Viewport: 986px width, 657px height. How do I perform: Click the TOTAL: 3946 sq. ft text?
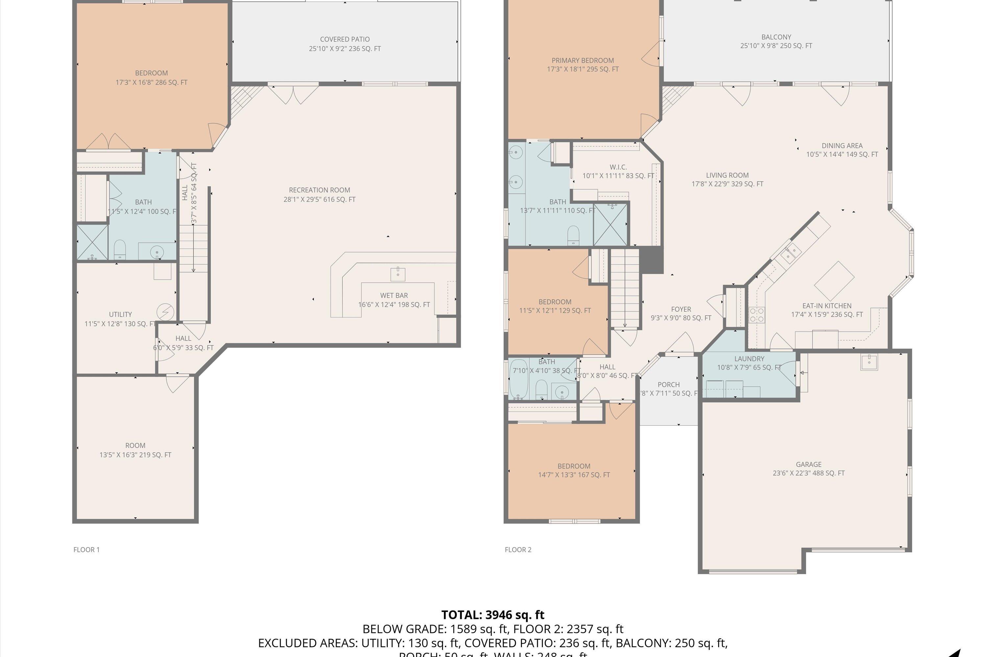click(x=493, y=615)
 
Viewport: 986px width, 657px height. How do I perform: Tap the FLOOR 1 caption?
click(x=86, y=550)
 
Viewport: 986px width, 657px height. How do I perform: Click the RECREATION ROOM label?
click(x=319, y=190)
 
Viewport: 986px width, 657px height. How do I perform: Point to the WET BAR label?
click(x=394, y=295)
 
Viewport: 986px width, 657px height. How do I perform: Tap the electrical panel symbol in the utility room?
click(x=165, y=312)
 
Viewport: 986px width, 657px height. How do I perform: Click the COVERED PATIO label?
click(x=344, y=39)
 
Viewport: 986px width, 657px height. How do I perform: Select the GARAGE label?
click(x=808, y=464)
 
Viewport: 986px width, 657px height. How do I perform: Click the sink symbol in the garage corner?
click(x=869, y=362)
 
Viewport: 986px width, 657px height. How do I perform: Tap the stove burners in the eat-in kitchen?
click(x=757, y=315)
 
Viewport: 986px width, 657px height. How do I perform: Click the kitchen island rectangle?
click(x=834, y=281)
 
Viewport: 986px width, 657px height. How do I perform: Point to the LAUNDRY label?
click(x=749, y=359)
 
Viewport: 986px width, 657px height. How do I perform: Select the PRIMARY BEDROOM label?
click(x=582, y=60)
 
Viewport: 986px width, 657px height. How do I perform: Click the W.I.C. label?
click(x=618, y=167)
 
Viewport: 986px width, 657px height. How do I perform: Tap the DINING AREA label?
click(x=842, y=146)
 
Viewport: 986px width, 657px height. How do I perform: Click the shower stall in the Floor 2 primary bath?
click(x=610, y=225)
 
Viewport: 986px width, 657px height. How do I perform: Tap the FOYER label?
click(x=681, y=309)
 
